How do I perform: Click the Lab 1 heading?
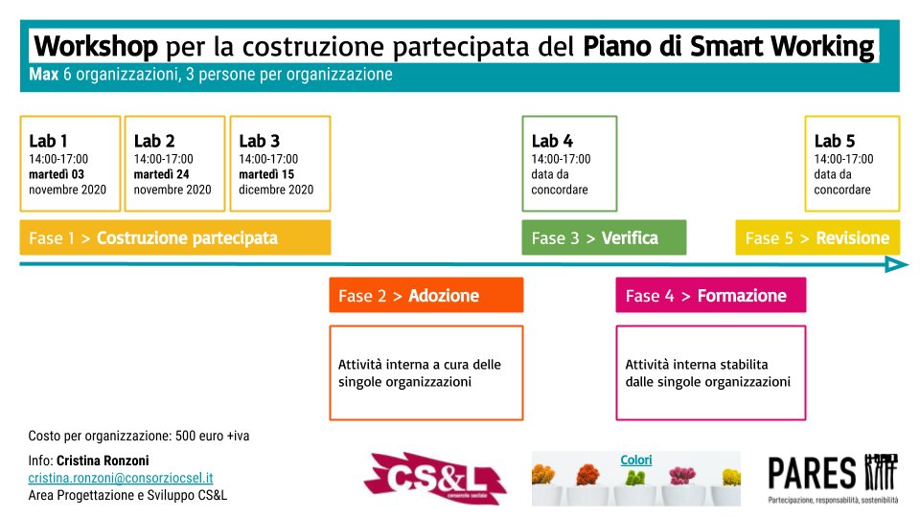(48, 142)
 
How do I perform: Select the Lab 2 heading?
(153, 142)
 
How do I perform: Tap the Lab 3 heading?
(259, 142)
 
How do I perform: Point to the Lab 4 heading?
(552, 142)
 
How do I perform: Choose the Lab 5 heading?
(835, 142)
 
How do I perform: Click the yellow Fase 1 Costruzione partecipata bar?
(175, 237)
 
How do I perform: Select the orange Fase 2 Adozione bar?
(425, 296)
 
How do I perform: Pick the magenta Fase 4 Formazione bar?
(710, 296)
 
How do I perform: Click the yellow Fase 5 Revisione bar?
(817, 237)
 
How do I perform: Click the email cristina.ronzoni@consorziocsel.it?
(121, 478)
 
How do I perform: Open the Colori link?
(636, 460)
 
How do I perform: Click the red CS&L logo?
(434, 478)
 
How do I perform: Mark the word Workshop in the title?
(96, 46)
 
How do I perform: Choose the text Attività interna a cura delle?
(420, 365)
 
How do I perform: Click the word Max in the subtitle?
(43, 75)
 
